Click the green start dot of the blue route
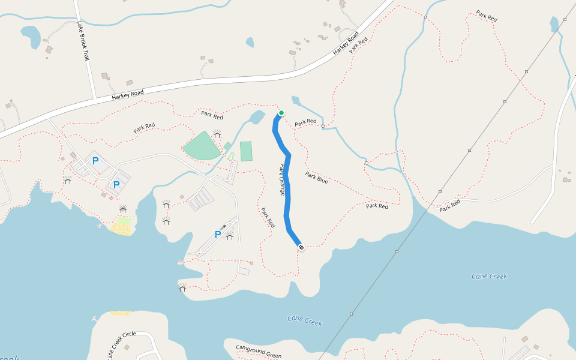pos(281,113)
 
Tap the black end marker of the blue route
pos(301,247)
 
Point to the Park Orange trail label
pos(281,179)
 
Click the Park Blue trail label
pos(316,177)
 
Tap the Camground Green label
pos(258,352)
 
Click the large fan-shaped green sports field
pos(202,146)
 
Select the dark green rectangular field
pos(246,151)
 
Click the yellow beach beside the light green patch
pos(121,229)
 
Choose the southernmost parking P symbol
pos(218,235)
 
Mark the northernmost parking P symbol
pos(95,161)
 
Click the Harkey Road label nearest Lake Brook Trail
pos(127,94)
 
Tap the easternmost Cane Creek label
pos(489,277)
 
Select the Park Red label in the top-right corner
pos(487,16)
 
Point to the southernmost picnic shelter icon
pos(182,287)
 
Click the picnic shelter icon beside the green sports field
pos(217,134)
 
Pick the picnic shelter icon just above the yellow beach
pos(123,209)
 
